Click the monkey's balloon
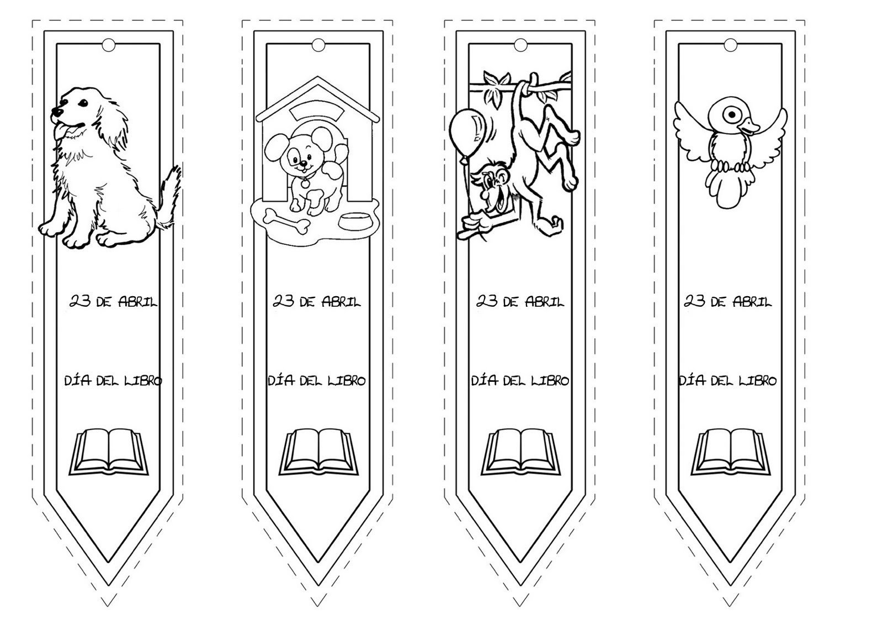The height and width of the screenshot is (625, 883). (469, 132)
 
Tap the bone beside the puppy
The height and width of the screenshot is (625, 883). (287, 222)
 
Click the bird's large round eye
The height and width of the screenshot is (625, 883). (732, 115)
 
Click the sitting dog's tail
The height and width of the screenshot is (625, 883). (169, 197)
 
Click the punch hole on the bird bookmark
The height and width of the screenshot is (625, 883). (730, 45)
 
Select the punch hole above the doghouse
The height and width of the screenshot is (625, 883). (318, 45)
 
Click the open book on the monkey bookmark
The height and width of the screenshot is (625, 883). (520, 452)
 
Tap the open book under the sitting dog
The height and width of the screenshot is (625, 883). (109, 452)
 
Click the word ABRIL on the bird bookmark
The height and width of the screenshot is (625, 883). (752, 302)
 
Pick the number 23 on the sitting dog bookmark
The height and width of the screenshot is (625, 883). (81, 301)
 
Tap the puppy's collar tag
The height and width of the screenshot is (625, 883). (305, 183)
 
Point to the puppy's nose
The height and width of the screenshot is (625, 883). (302, 162)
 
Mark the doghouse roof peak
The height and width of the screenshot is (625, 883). (317, 78)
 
